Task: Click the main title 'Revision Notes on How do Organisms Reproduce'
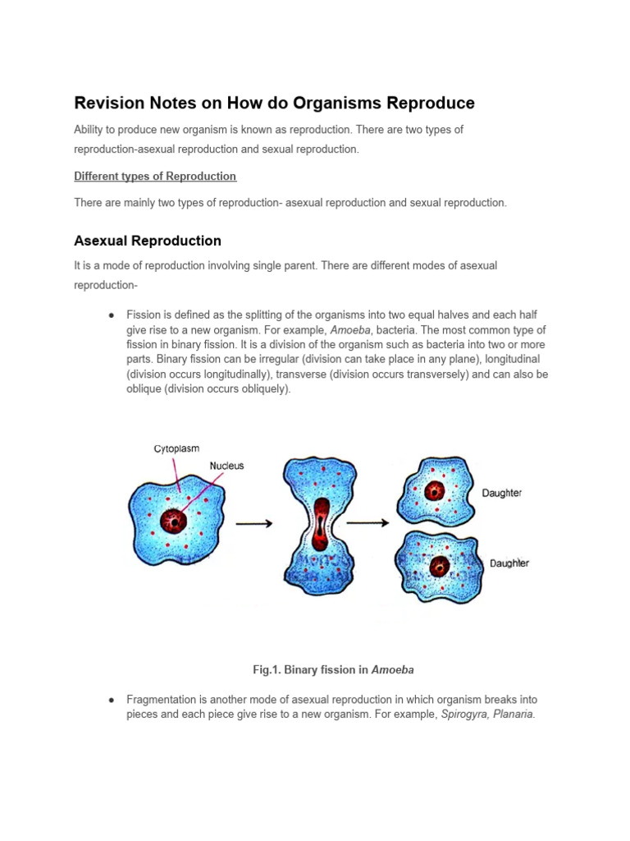(274, 103)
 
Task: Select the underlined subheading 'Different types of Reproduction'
(155, 177)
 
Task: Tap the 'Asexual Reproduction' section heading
(148, 241)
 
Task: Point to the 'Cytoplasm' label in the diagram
(176, 449)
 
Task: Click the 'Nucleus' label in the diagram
(226, 466)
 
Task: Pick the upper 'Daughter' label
(500, 494)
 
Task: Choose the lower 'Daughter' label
(509, 563)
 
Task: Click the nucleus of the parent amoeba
(174, 520)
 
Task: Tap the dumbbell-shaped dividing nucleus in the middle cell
(321, 523)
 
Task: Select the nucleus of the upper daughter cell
(434, 492)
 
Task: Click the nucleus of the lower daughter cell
(440, 566)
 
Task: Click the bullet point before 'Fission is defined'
(111, 315)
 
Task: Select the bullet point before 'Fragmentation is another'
(111, 700)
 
